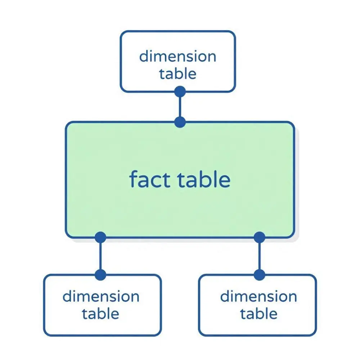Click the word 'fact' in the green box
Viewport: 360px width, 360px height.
(150, 179)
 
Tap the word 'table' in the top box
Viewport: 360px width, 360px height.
(178, 73)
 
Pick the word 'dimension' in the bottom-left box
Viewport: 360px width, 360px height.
(101, 296)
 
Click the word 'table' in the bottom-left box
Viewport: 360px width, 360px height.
(100, 314)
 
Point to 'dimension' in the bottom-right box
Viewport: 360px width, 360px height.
(258, 296)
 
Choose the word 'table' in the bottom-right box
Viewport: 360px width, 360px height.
(259, 314)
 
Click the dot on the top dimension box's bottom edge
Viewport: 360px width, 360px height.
(180, 91)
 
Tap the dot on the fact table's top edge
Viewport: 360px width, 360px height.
(180, 122)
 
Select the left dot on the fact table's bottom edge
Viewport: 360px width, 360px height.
(100, 237)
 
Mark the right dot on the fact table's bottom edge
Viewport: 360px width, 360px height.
(260, 237)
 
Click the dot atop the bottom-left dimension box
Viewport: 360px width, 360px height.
(100, 275)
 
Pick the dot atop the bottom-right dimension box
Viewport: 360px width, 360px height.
(260, 275)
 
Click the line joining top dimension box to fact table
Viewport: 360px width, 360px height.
(180, 107)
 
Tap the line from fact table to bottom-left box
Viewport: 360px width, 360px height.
(100, 256)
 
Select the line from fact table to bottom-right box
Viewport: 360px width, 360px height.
(260, 256)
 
